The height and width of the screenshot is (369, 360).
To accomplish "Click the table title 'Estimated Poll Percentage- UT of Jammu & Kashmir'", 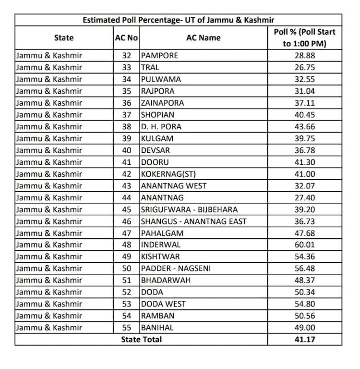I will coord(178,20).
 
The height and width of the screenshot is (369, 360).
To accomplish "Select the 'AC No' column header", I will coord(127,37).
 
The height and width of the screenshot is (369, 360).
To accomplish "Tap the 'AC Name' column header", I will coord(204,37).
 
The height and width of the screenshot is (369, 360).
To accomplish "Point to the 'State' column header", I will coord(64,37).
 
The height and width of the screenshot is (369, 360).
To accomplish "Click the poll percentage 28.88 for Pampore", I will coord(304,55).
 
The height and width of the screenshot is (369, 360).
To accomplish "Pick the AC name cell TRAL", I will coord(149,67).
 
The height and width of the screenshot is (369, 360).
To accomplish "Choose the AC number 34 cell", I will coord(127,79).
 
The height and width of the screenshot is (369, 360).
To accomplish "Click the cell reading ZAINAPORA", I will coord(162,103).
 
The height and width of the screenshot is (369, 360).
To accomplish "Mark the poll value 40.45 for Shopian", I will coord(304,115).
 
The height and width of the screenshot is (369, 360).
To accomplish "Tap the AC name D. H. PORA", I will coord(161,127).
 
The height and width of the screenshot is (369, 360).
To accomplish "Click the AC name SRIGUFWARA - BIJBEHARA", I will coord(189,209).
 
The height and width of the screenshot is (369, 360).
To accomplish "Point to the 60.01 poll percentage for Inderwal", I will coord(304,245).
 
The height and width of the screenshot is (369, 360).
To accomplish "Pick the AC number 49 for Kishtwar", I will coord(127,257).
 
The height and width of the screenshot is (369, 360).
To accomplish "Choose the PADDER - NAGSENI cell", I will coord(176,269).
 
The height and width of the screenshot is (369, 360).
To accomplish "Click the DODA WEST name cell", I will coord(163,304).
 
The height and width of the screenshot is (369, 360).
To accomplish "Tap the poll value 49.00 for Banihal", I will coord(304,328).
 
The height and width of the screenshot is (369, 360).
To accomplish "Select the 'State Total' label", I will coord(141,339).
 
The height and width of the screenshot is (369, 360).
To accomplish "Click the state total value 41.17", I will coord(304,339).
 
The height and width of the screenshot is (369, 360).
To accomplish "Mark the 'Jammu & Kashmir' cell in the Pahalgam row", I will coord(49,233).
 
